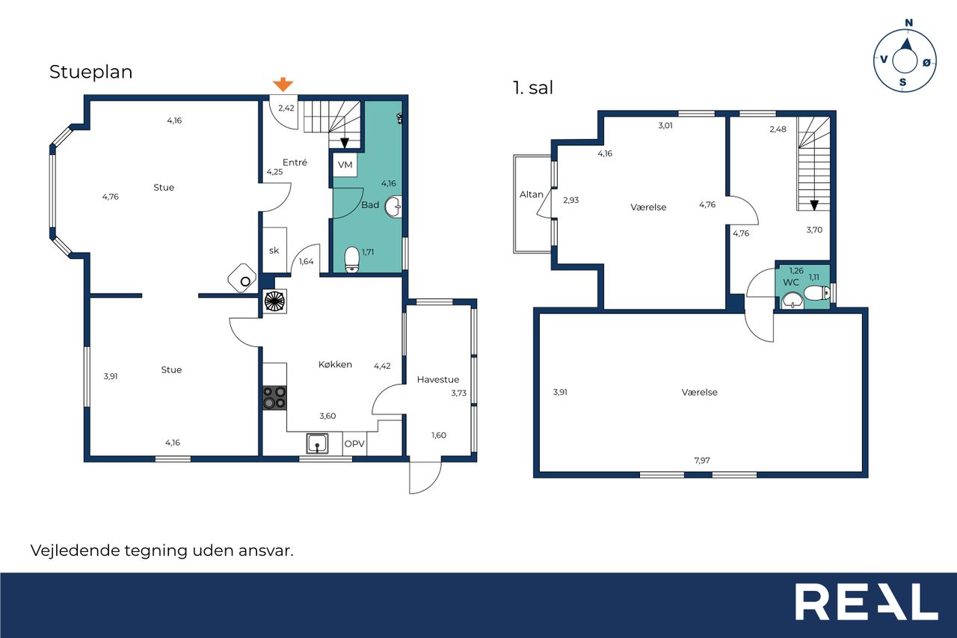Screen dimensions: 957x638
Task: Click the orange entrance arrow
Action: [283, 85]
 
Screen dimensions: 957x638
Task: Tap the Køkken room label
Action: [335, 364]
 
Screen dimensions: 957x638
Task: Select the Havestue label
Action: [438, 379]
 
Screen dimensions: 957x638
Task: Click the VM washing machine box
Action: [345, 165]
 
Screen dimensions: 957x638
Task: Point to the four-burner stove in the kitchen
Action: [274, 398]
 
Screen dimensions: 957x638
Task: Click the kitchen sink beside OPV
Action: [318, 444]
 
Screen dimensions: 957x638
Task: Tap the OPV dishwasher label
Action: [354, 444]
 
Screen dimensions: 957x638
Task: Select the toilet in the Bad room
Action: [352, 259]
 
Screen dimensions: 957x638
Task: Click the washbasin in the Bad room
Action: [393, 207]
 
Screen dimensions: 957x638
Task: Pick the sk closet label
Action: [274, 251]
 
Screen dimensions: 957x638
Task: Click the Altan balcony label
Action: [531, 194]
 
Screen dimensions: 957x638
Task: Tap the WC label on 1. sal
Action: [791, 283]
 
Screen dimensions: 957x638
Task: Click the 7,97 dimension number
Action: [702, 460]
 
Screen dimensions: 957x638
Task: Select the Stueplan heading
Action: [91, 72]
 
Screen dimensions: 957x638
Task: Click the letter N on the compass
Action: [909, 22]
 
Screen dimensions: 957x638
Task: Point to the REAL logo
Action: [867, 601]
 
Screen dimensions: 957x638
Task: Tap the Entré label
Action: [295, 162]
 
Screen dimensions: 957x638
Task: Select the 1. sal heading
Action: [533, 88]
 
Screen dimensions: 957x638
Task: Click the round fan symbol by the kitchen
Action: [274, 301]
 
